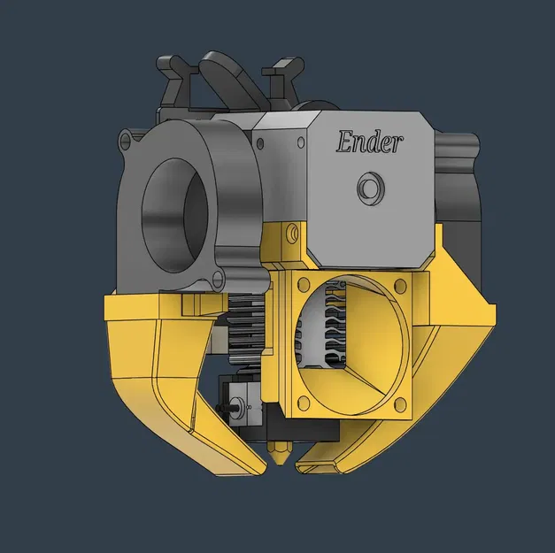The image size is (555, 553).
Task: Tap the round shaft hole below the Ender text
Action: pos(368,188)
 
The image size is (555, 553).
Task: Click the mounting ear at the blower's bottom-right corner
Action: pos(218,280)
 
